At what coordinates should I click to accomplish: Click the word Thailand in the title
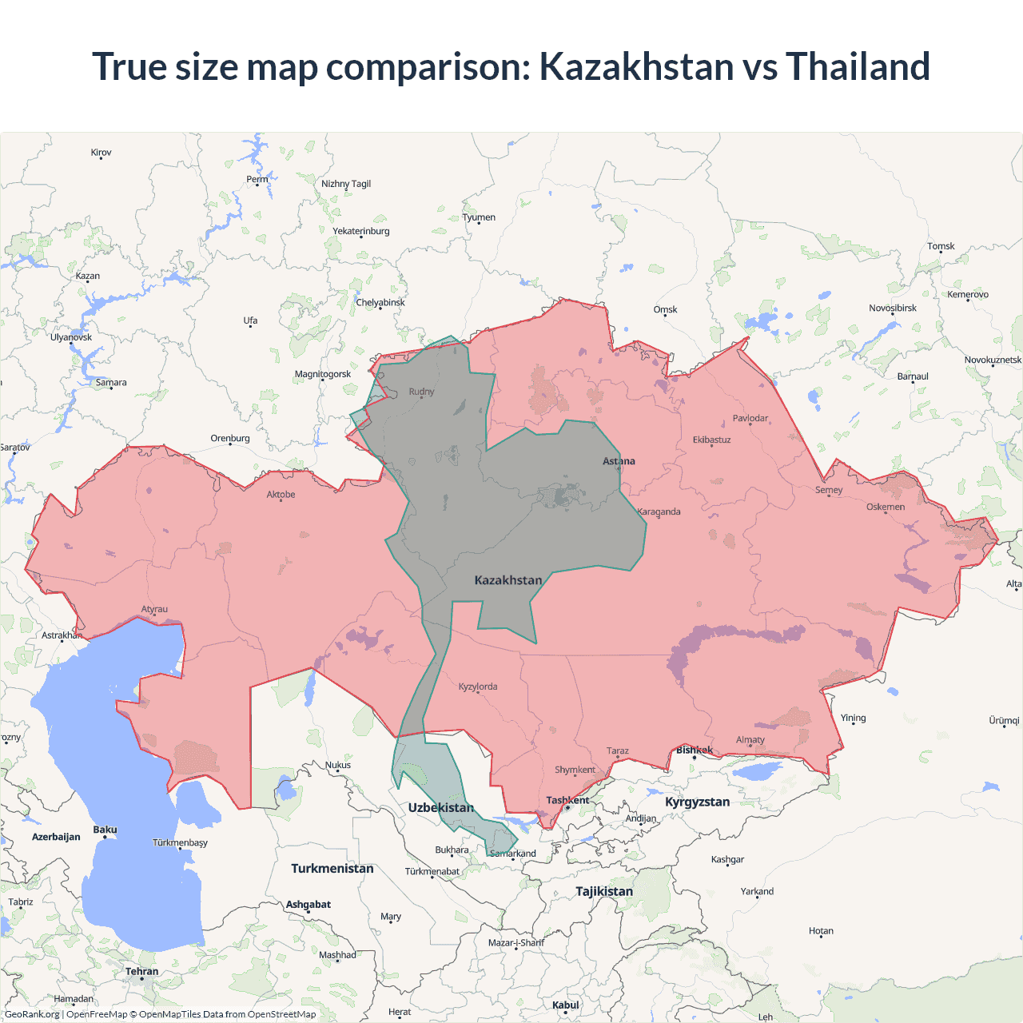click(x=858, y=66)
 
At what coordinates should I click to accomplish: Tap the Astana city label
click(x=619, y=461)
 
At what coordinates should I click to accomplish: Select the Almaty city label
click(x=750, y=739)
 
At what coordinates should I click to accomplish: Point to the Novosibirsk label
click(x=892, y=308)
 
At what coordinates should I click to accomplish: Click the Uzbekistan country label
click(x=440, y=807)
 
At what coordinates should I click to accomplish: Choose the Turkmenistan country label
click(x=332, y=868)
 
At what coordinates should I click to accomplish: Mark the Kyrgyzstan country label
click(x=697, y=802)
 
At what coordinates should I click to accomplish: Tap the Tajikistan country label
click(x=603, y=891)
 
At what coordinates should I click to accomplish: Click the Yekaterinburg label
click(x=361, y=231)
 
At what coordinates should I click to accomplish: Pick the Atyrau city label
click(x=154, y=609)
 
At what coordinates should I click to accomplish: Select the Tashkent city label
click(x=567, y=800)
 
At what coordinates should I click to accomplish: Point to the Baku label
click(x=105, y=830)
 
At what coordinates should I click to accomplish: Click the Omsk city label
click(x=665, y=309)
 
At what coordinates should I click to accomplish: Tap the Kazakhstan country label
click(x=508, y=580)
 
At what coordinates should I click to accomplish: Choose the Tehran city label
click(x=141, y=971)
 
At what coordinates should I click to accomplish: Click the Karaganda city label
click(x=659, y=511)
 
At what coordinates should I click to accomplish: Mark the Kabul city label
click(x=565, y=1005)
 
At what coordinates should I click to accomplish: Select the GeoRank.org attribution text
click(x=32, y=1014)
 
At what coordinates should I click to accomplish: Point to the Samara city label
click(x=111, y=382)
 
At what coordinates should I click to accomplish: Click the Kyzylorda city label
click(x=478, y=687)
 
